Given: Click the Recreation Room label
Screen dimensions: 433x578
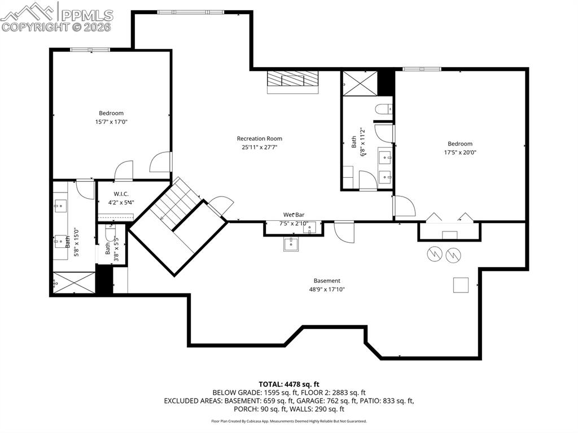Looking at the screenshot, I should [x=259, y=138].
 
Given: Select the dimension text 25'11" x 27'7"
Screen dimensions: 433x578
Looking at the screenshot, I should [x=259, y=147].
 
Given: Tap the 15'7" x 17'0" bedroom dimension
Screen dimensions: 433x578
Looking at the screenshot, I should [x=111, y=122].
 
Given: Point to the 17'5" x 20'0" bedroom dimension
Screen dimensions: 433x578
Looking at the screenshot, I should [x=460, y=152].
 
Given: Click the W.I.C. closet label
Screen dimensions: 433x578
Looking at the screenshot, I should [x=114, y=194].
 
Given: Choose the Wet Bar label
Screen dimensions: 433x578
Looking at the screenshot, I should [x=294, y=215].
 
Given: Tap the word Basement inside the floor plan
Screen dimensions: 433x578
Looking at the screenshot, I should [x=327, y=281].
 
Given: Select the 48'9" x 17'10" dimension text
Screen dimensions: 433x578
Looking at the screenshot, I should [x=327, y=289].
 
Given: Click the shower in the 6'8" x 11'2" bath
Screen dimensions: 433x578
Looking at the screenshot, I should [x=359, y=83].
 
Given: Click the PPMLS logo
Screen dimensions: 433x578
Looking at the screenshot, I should [x=56, y=17].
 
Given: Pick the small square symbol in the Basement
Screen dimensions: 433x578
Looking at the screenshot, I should [x=461, y=285].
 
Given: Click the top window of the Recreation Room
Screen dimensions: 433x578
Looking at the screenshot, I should [x=181, y=12].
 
